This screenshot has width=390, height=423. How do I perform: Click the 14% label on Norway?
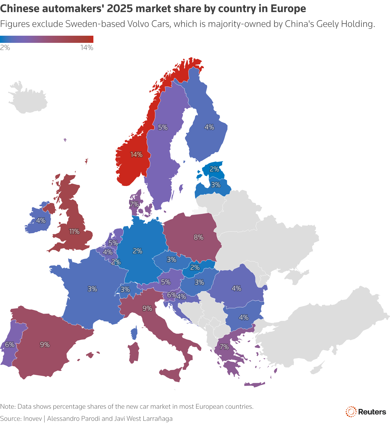click(x=136, y=155)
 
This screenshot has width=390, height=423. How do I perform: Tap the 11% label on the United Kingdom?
click(x=74, y=232)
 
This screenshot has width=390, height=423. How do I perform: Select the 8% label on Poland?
click(x=199, y=237)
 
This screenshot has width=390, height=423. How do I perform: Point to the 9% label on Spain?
click(x=45, y=344)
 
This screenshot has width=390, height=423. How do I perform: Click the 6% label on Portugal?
click(x=10, y=344)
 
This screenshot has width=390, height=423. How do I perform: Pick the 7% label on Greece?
click(x=224, y=347)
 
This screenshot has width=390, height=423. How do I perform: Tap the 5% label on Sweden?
click(x=163, y=127)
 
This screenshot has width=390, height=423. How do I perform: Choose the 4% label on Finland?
click(x=209, y=127)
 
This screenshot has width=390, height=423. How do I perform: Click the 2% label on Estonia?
click(x=214, y=169)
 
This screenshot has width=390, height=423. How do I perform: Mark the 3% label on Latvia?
click(x=216, y=185)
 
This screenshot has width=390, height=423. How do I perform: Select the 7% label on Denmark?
click(x=134, y=204)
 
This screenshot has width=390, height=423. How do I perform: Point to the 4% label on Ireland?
click(x=41, y=220)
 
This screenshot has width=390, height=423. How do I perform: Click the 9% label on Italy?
click(x=147, y=308)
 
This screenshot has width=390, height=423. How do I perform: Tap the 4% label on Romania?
click(x=236, y=288)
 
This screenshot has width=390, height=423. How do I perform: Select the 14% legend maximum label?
click(x=87, y=48)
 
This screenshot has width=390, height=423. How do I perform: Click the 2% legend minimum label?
click(x=5, y=48)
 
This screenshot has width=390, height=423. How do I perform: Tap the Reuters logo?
click(x=366, y=412)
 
